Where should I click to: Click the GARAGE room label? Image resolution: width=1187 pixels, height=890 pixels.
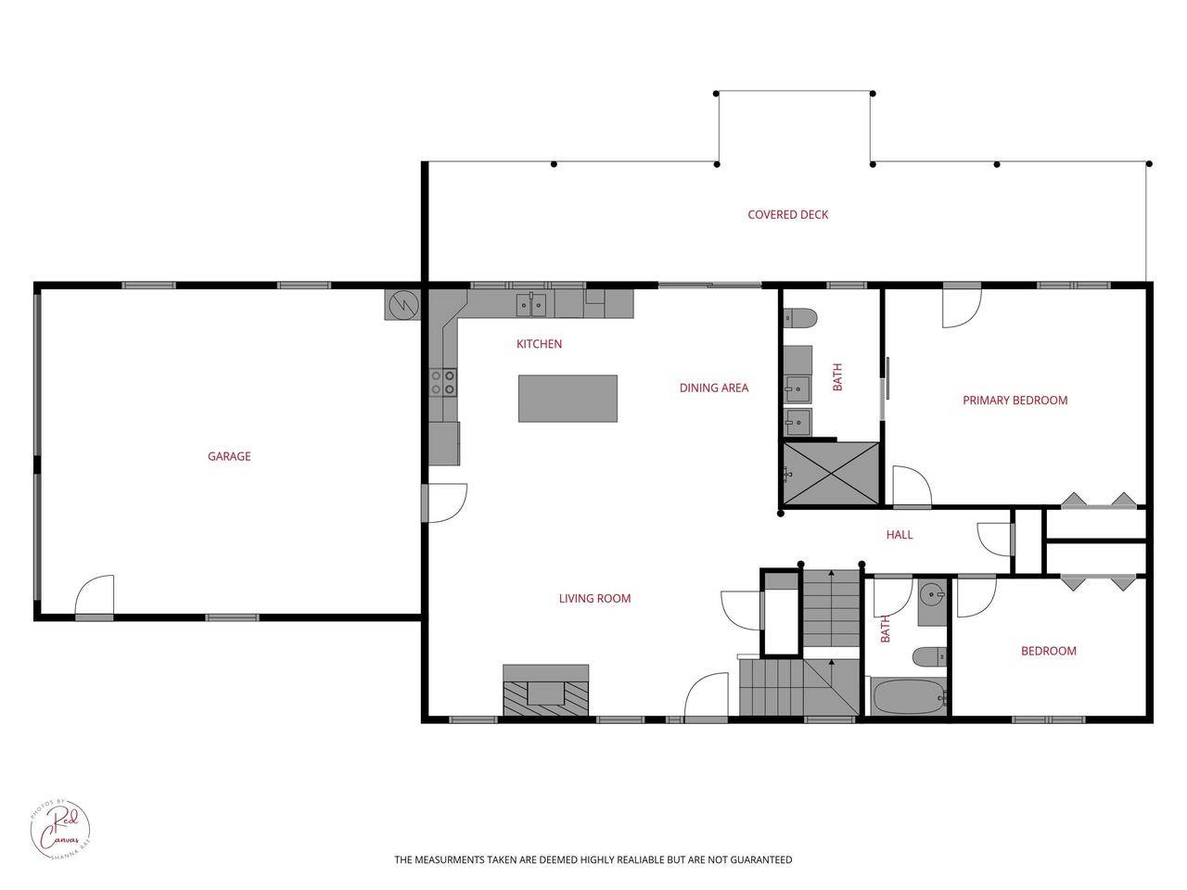(x=229, y=456)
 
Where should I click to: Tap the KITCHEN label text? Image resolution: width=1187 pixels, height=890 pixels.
(x=539, y=344)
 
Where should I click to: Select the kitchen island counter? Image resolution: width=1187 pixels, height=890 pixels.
(x=568, y=398)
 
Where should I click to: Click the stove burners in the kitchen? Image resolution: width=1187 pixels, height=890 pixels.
(x=443, y=382)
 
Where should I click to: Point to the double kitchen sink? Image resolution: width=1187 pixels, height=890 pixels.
(x=531, y=303)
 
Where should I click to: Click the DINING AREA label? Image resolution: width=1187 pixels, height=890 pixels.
(x=713, y=388)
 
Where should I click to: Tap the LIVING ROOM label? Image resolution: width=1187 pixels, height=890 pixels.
(x=594, y=598)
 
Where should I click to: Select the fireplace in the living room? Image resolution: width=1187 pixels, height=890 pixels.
(x=545, y=691)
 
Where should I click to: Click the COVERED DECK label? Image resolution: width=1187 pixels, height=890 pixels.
(x=787, y=214)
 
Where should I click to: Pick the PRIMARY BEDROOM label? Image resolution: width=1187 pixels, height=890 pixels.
(x=1015, y=400)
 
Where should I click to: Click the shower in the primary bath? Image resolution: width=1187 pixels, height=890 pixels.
(x=830, y=474)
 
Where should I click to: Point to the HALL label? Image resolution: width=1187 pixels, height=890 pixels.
(x=899, y=534)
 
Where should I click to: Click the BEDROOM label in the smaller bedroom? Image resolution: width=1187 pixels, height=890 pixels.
(x=1048, y=651)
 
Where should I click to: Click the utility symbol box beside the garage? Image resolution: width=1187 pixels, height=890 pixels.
(x=402, y=304)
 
